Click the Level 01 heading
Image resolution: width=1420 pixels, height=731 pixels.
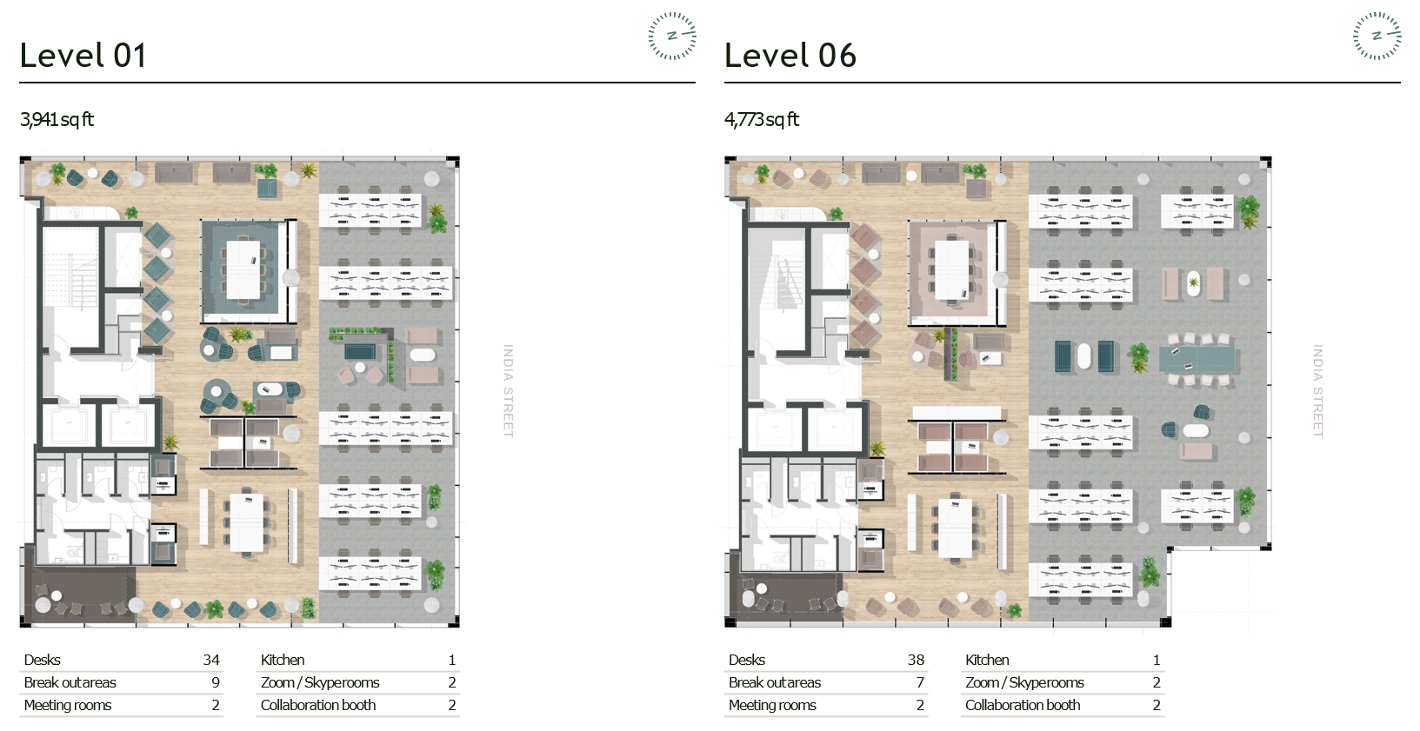83,55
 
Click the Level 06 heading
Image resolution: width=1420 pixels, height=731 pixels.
790,55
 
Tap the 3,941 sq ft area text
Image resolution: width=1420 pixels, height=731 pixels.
57,120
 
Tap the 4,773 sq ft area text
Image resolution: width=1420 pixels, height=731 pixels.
762,120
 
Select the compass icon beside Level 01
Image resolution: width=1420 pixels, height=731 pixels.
672,37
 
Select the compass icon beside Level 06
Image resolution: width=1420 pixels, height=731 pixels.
1377,37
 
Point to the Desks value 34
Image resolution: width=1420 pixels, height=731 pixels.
211,660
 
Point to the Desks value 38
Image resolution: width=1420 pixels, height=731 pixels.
916,660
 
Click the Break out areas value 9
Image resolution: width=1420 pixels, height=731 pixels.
216,683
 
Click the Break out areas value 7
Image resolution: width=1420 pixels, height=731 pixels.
921,683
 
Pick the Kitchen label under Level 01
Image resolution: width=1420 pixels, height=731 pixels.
282,660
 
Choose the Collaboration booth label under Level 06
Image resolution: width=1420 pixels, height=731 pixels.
1023,705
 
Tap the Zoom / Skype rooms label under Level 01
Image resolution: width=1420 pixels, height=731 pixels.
320,683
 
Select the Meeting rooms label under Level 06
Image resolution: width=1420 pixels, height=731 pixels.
772,705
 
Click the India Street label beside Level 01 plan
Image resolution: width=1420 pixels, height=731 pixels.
508,391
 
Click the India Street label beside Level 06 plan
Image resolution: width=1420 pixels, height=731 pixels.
1318,391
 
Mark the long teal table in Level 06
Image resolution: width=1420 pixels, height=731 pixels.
1197,359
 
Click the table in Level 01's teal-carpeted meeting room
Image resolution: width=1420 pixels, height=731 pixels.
243,269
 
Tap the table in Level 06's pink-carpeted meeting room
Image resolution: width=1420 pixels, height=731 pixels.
952,269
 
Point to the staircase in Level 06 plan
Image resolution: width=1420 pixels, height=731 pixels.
777,285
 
